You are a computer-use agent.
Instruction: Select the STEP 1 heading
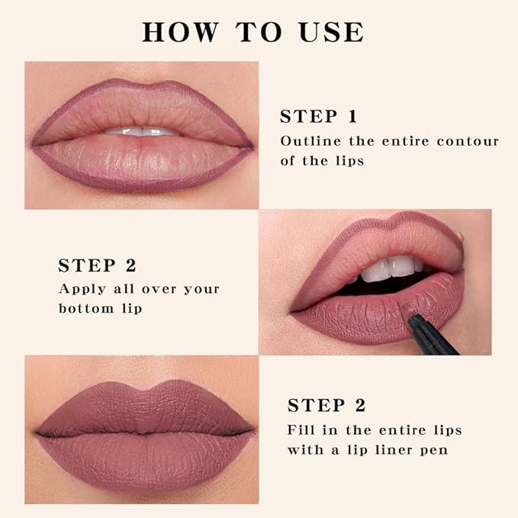pyautogui.click(x=318, y=117)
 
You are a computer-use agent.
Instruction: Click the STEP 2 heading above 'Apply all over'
pyautogui.click(x=97, y=265)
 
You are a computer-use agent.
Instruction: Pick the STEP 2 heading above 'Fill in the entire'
pyautogui.click(x=326, y=405)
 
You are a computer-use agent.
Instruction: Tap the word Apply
pyautogui.click(x=80, y=289)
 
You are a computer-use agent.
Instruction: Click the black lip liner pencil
pyautogui.click(x=431, y=336)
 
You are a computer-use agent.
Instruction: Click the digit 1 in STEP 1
pyautogui.click(x=351, y=117)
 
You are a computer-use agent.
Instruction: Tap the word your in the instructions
pyautogui.click(x=201, y=289)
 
